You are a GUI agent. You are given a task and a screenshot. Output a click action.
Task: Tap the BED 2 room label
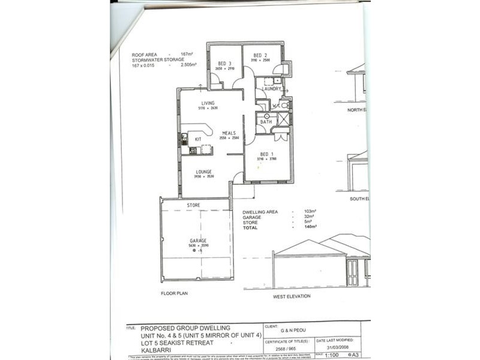point(260,55)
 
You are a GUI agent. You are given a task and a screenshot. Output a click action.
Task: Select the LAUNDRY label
point(271,89)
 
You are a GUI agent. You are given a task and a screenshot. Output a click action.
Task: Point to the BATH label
point(266,122)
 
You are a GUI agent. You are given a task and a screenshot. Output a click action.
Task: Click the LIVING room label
point(208,103)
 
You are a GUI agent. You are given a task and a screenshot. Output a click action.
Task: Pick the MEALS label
point(229,133)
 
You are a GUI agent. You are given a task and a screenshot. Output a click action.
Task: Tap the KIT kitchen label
point(198,139)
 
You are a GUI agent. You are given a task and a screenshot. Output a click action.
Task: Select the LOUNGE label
point(203,172)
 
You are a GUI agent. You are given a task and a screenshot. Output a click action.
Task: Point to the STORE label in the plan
point(193,205)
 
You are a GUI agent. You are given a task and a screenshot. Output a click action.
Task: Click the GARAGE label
point(198,241)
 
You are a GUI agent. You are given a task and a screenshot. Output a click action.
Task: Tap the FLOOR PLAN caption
point(175,294)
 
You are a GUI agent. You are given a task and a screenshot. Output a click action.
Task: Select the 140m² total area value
point(310,226)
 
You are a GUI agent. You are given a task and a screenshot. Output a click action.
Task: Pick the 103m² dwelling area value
point(310,212)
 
